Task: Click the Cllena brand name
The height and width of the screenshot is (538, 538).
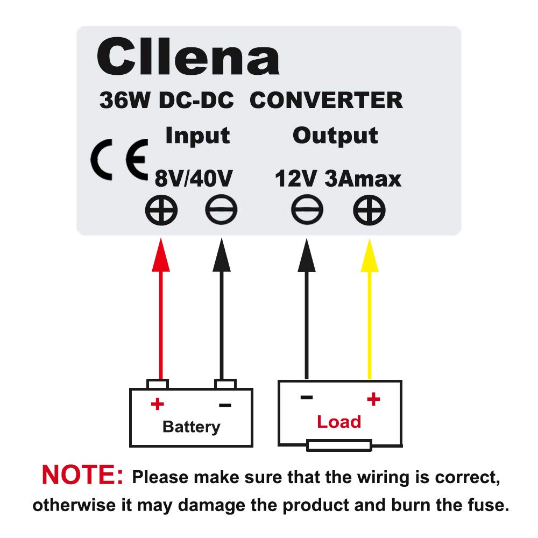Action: point(188,56)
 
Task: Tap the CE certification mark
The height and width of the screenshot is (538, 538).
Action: point(119,160)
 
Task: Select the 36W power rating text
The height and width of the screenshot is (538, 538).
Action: point(125,100)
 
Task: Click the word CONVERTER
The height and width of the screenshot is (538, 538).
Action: point(326,100)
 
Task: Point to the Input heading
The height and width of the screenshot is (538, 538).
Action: point(197,136)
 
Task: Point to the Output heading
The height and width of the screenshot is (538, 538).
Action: point(335,136)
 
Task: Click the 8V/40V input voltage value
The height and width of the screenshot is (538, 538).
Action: point(194,179)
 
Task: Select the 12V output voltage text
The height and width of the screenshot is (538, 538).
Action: point(295,179)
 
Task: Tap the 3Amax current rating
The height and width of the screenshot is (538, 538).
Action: point(363,179)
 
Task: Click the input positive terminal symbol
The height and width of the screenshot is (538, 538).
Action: point(161,210)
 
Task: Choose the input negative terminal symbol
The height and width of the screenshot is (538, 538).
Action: point(221,210)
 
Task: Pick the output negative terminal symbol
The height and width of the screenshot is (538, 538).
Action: point(307,210)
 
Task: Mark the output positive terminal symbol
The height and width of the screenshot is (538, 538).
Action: point(369,210)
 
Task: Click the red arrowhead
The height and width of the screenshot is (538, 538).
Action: point(161,255)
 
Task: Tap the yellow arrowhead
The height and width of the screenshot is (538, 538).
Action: point(370,256)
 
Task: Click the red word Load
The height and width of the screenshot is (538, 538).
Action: point(339,422)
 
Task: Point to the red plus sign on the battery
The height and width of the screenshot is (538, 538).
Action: point(158,404)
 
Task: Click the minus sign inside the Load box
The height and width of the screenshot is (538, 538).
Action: point(307,398)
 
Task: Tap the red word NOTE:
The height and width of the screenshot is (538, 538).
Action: point(82,475)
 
